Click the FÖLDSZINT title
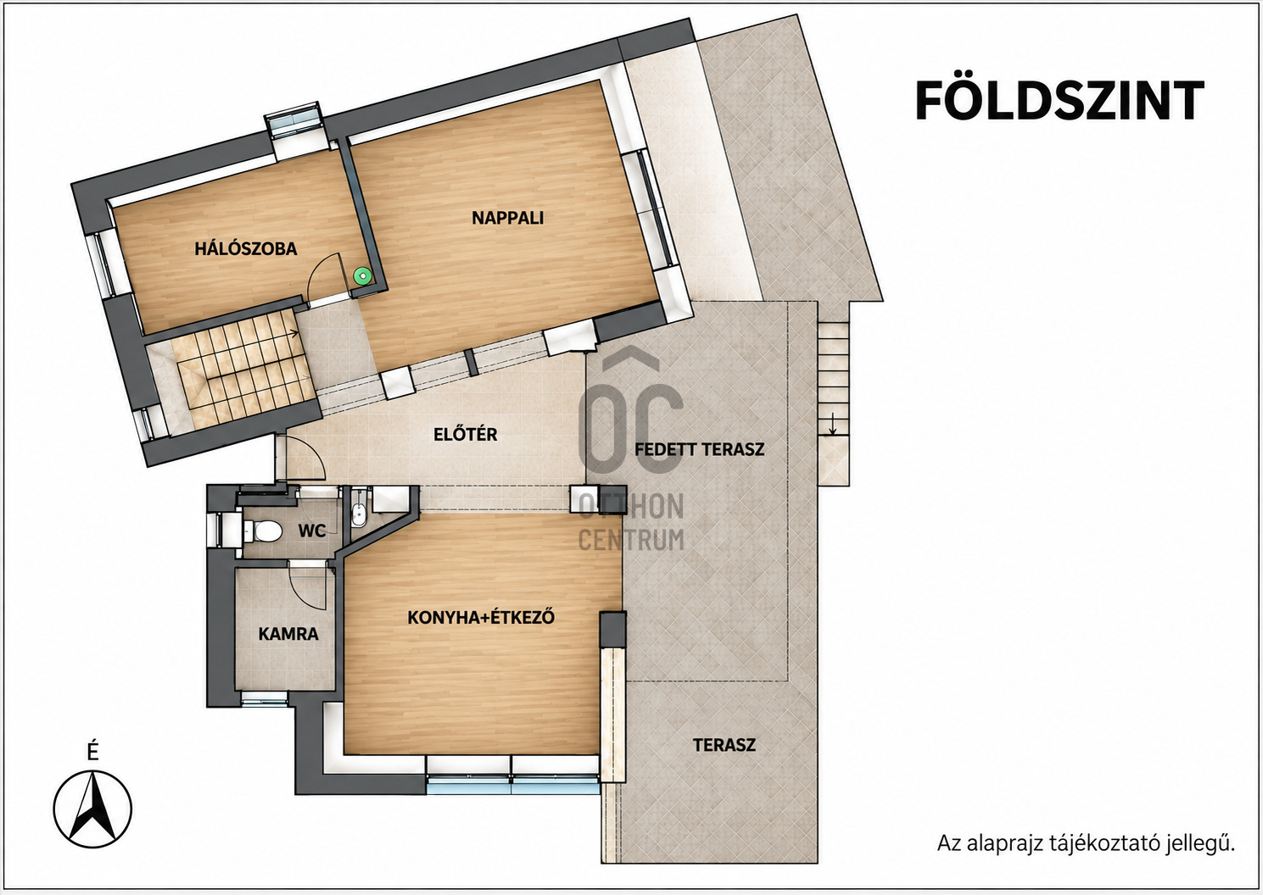pyautogui.click(x=1060, y=99)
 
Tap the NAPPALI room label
pyautogui.click(x=507, y=218)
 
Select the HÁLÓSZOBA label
pyautogui.click(x=246, y=248)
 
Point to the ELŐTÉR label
pyautogui.click(x=465, y=434)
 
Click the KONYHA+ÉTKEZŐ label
pyautogui.click(x=481, y=617)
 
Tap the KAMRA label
pyautogui.click(x=288, y=634)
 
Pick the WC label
pyautogui.click(x=312, y=531)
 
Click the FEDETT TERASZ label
pyautogui.click(x=699, y=449)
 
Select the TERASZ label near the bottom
pyautogui.click(x=724, y=745)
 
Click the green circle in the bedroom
pyautogui.click(x=362, y=275)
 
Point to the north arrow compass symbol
pyautogui.click(x=92, y=809)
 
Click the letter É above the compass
pyautogui.click(x=93, y=752)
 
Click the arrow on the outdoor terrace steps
pyautogui.click(x=831, y=424)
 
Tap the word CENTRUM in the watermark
pyautogui.click(x=631, y=540)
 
